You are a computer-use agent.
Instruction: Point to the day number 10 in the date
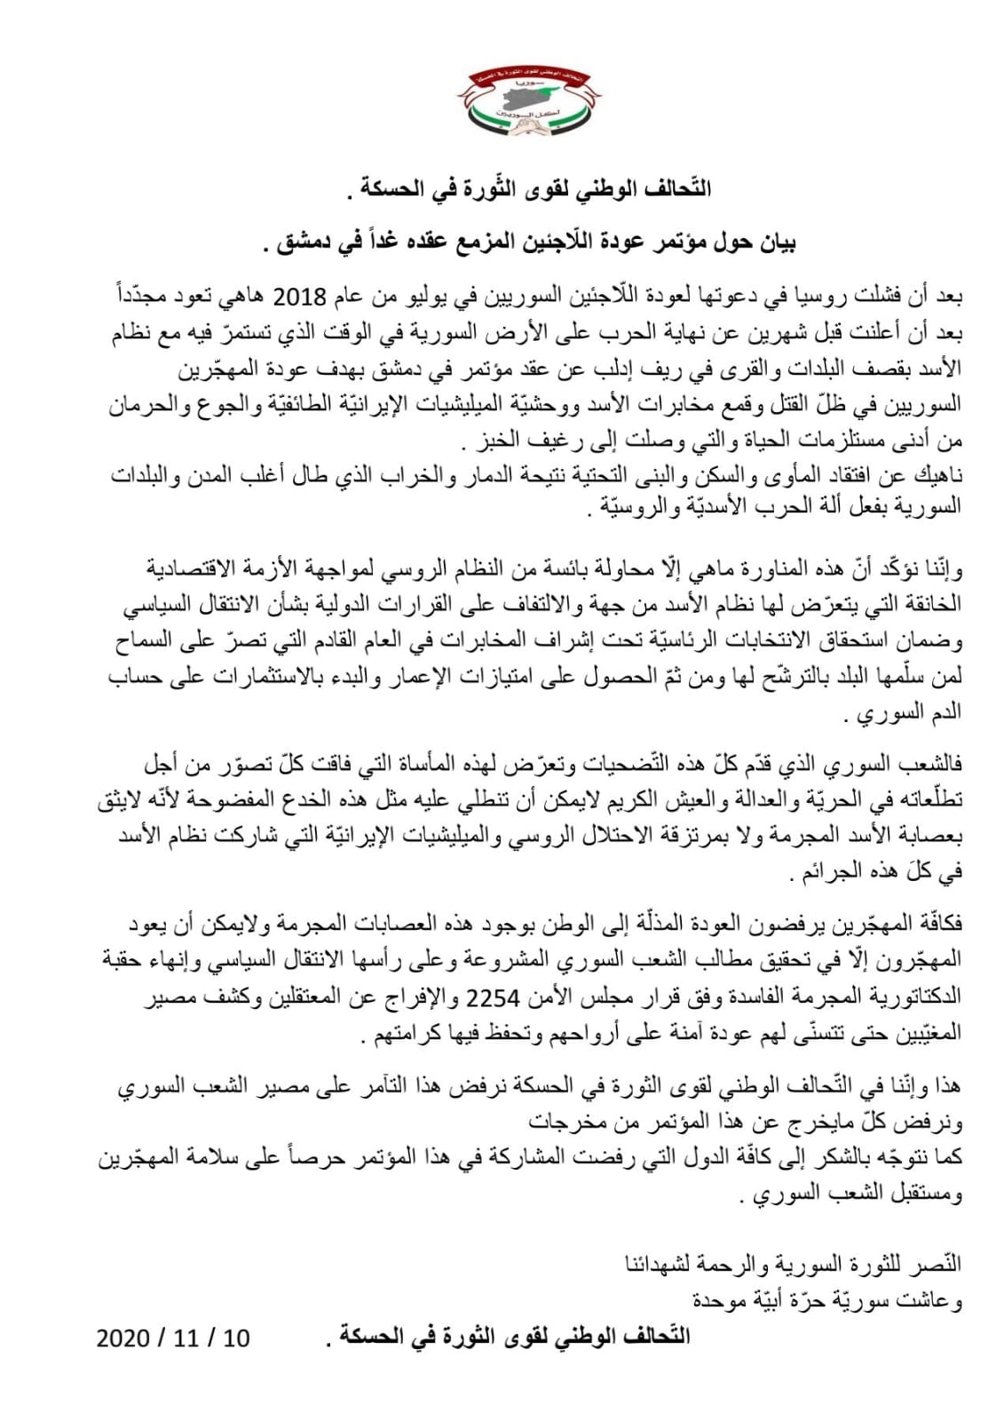(x=236, y=1338)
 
